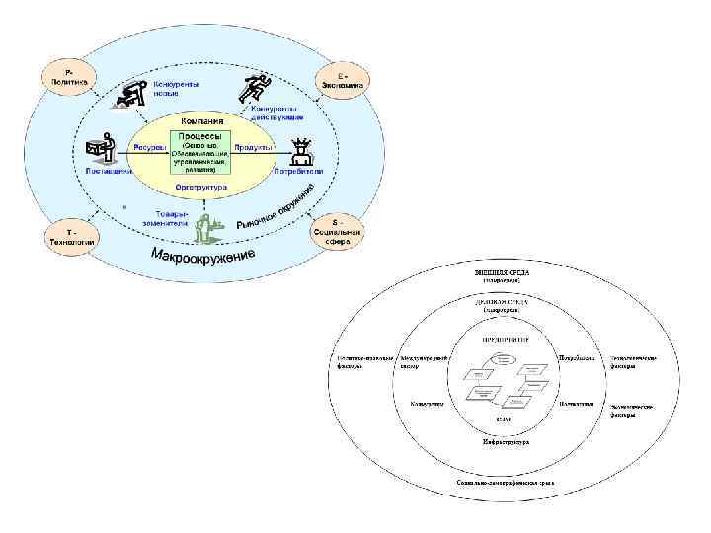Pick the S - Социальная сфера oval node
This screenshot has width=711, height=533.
(x=339, y=233)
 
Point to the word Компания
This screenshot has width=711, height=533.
(x=201, y=121)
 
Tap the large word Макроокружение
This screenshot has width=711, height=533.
(x=202, y=262)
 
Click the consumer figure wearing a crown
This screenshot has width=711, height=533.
(x=302, y=151)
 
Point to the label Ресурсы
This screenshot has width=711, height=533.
(x=148, y=147)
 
